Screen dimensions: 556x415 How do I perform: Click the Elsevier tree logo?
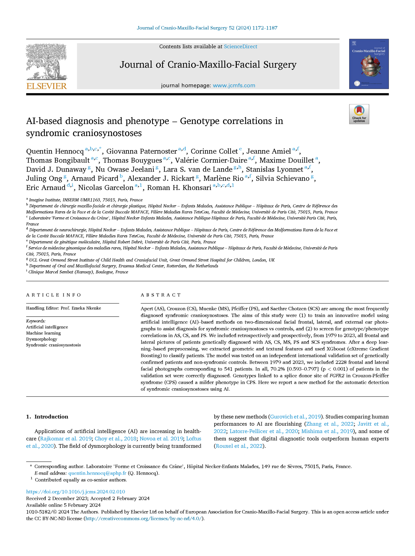point(47,62)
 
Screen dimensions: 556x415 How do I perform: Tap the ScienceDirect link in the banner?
point(240,47)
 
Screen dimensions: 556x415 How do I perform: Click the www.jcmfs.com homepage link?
point(234,86)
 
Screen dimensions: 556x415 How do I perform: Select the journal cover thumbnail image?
point(369,64)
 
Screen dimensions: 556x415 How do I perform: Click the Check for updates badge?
point(359,114)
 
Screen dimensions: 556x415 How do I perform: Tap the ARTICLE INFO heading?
point(54,295)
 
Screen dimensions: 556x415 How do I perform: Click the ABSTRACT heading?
point(161,295)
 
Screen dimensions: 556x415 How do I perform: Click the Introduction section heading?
point(51,417)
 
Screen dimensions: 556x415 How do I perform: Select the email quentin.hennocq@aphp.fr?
point(97,473)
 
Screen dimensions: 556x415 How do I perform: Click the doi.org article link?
point(76,492)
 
